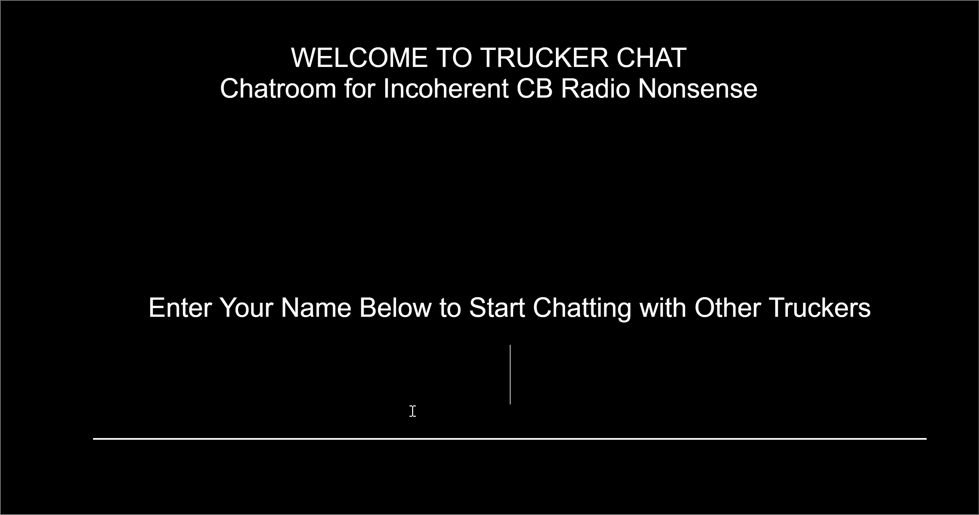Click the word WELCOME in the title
(x=359, y=58)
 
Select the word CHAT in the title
(x=652, y=58)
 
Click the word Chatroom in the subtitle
(x=278, y=89)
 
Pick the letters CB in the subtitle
(x=534, y=89)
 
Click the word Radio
(x=595, y=89)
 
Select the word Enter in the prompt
(x=180, y=307)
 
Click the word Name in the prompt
(x=316, y=307)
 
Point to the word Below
(x=395, y=307)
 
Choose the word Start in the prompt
(x=497, y=307)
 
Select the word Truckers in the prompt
(x=820, y=307)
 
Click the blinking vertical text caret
(x=510, y=374)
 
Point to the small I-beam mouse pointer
(x=413, y=411)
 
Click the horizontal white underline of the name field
(x=510, y=439)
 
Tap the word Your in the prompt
(x=246, y=307)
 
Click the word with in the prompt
(x=663, y=307)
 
